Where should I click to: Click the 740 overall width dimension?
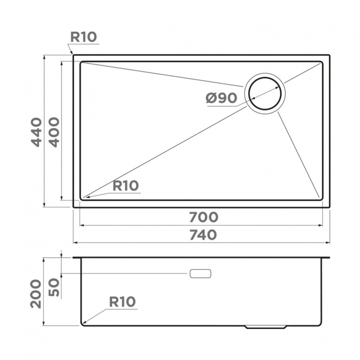click(203, 235)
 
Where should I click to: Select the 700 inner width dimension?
click(204, 217)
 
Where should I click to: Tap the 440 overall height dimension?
click(37, 132)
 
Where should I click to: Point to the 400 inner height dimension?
click(54, 132)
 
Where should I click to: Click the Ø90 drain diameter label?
click(221, 98)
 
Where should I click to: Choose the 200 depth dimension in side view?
click(36, 294)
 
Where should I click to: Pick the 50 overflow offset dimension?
click(54, 287)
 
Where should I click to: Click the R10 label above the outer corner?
click(84, 37)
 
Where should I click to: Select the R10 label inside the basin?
click(126, 186)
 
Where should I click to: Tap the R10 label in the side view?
click(122, 302)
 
